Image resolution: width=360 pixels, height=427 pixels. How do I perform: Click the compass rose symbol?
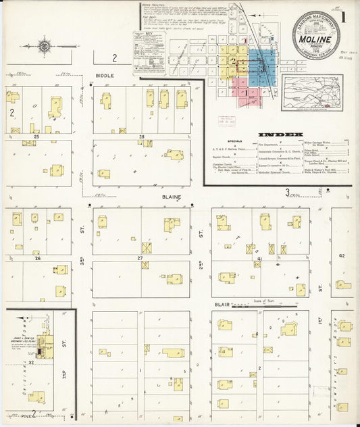point(45,46)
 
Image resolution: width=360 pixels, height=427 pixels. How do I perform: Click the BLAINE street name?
point(170,197)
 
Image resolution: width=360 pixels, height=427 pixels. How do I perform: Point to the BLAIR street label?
point(220,305)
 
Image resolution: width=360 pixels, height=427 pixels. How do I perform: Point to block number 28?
point(143,137)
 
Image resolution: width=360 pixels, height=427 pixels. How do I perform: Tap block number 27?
point(141,258)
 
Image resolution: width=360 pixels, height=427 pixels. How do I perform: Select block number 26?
point(38,258)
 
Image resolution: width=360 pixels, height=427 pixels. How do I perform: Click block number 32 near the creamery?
point(32,362)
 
